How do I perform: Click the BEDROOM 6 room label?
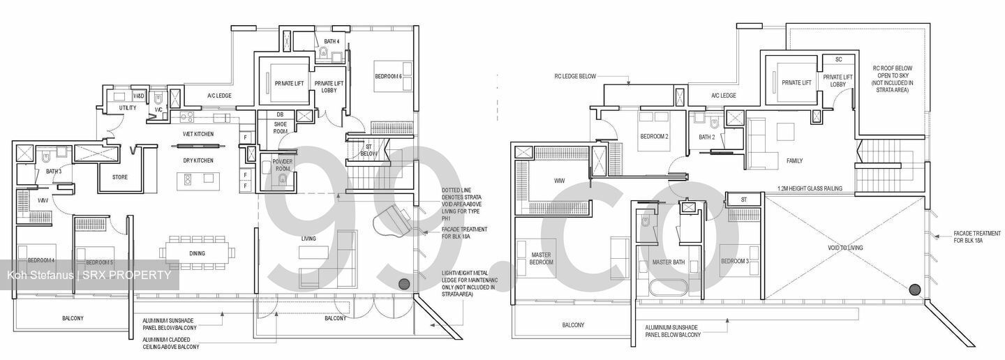click(393, 75)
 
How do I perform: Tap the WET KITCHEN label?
click(198, 134)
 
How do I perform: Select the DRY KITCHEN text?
click(198, 160)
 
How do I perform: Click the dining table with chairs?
click(197, 253)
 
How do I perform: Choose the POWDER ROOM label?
click(283, 165)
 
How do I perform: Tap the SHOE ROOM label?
click(280, 128)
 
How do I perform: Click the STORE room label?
click(120, 177)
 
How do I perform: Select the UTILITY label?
click(128, 108)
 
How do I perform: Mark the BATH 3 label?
click(54, 171)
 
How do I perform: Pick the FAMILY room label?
click(794, 161)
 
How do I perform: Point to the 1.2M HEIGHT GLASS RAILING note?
click(810, 188)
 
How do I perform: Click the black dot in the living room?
click(403, 284)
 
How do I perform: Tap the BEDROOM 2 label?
click(654, 137)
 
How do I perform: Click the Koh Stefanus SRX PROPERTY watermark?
click(89, 275)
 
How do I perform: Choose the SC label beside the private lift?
click(838, 59)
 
